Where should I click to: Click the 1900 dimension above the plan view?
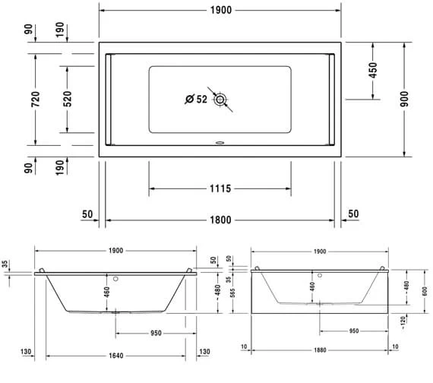point(220,10)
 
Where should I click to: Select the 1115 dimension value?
point(219,188)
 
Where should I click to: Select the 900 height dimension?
point(404,99)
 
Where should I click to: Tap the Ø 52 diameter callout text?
point(196,99)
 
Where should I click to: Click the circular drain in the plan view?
point(220,99)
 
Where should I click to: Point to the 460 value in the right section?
point(311,287)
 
